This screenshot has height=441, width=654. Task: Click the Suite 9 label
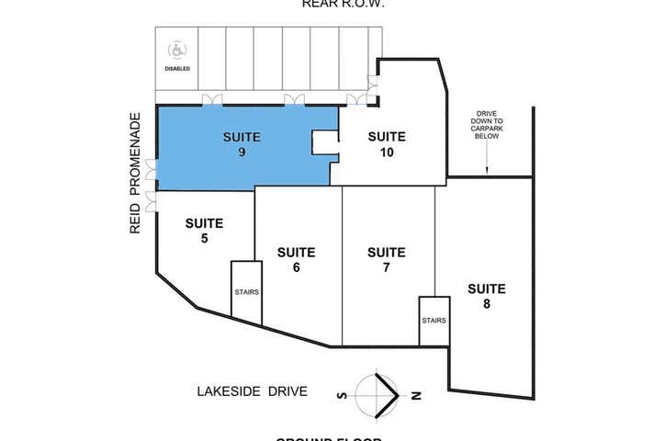point(242,145)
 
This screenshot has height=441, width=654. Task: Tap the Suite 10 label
point(387,145)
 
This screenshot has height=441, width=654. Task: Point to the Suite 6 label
point(296,259)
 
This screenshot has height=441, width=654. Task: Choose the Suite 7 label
point(386,259)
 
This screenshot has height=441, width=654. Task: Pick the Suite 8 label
point(486,297)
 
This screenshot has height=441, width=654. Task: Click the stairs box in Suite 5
point(246,292)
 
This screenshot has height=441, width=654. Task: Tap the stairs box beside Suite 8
point(434,321)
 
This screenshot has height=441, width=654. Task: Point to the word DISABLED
point(178,69)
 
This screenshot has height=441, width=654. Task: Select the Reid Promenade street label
point(135,174)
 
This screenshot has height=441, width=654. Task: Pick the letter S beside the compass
point(342,395)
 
